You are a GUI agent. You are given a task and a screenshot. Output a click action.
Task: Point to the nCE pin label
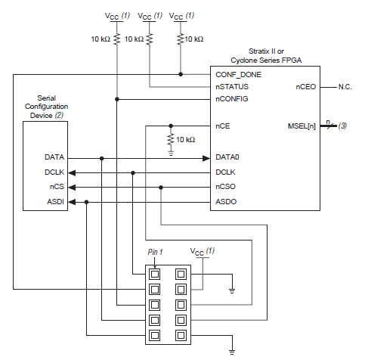222,126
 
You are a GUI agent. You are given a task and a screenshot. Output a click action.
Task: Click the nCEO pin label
305,87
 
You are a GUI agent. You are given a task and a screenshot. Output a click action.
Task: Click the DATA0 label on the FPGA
227,158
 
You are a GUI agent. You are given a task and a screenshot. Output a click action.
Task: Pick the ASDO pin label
226,202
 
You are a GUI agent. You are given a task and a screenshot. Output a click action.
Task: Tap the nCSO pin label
226,187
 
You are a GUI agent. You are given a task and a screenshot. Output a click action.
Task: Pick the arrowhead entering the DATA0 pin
205,158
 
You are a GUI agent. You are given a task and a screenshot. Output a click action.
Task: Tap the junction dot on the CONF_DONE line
181,74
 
